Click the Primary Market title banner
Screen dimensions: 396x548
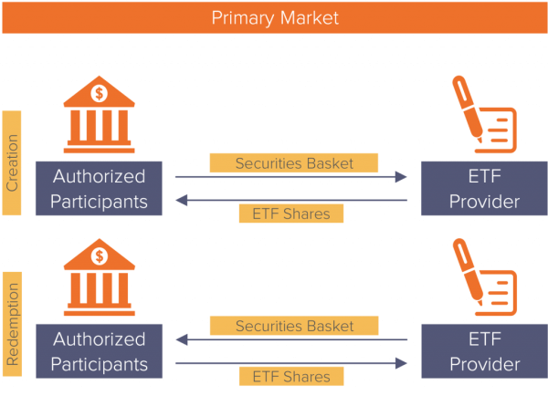coord(274,17)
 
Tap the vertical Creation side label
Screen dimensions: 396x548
coord(12,162)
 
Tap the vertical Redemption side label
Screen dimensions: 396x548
coord(12,324)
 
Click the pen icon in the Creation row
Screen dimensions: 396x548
coord(483,115)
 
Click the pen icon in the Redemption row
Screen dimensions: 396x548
coord(483,277)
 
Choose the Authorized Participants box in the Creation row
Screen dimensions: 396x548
coord(100,188)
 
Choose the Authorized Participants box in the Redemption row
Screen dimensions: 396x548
coord(100,351)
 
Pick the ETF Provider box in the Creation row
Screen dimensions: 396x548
coord(483,188)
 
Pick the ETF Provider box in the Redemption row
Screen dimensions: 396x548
coord(483,351)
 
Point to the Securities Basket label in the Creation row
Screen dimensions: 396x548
coord(293,163)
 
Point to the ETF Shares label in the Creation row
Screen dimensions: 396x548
coord(291,214)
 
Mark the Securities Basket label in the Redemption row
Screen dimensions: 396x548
coord(293,326)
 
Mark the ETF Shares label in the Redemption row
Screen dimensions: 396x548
coord(291,376)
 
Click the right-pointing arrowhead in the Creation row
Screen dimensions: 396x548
coord(402,178)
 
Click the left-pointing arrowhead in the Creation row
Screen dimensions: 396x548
coord(180,198)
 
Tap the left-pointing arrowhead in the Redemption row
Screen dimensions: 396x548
coord(180,340)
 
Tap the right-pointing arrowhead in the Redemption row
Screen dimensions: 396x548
coord(402,361)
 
